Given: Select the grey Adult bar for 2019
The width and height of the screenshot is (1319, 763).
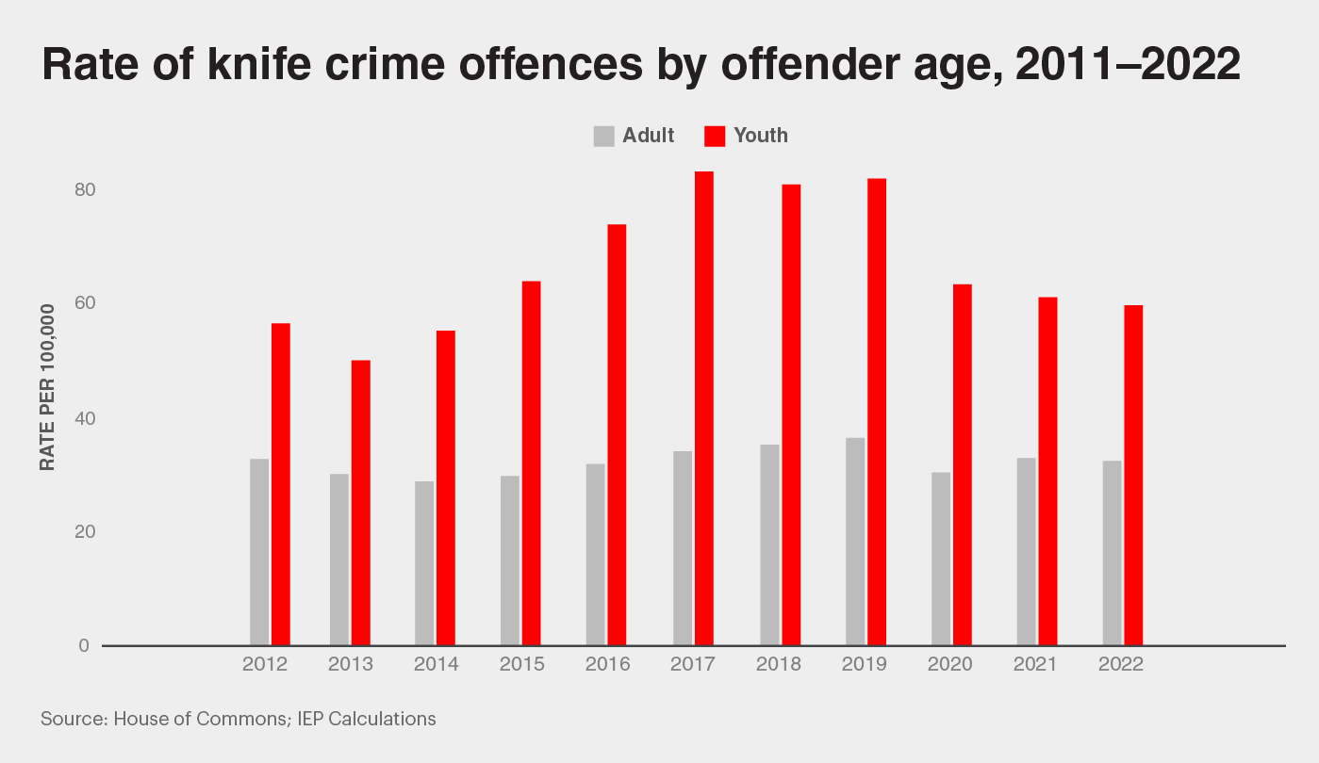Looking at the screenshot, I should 855,542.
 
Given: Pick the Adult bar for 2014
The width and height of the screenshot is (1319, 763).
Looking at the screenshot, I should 424,563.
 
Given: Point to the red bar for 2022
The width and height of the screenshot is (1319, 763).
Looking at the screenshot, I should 1133,475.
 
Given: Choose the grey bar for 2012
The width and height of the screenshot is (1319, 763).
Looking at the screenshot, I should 259,552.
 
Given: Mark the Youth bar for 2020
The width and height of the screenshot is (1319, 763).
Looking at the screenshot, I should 963,464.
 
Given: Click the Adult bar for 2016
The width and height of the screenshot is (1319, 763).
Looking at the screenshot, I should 596,554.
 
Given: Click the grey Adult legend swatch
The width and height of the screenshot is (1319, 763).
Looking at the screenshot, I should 604,136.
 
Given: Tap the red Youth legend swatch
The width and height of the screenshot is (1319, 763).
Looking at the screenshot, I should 716,136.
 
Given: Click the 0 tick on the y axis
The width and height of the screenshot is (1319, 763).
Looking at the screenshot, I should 84,645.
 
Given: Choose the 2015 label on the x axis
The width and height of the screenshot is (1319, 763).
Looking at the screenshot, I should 522,664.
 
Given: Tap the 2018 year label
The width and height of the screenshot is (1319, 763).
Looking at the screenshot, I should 779,664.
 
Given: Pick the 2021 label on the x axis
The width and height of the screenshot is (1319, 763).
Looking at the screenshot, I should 1035,664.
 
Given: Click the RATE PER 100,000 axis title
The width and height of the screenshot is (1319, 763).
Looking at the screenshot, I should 46,385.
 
